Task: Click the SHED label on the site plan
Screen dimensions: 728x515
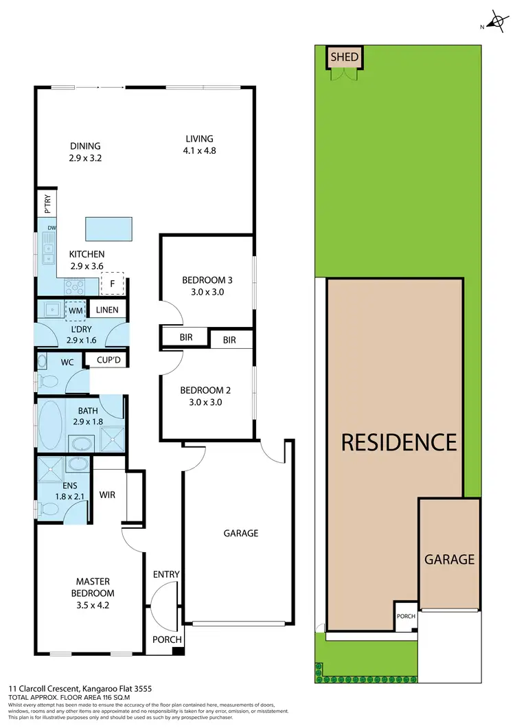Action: (x=344, y=57)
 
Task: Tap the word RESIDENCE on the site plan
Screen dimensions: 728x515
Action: (x=399, y=441)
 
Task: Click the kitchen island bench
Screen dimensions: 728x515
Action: (x=108, y=227)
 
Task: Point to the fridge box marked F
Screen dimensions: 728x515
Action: (x=112, y=283)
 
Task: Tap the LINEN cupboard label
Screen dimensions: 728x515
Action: (x=107, y=310)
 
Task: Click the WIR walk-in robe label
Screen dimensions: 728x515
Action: (x=107, y=494)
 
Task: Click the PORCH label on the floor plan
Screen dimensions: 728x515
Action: (x=168, y=639)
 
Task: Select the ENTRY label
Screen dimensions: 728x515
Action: (x=166, y=574)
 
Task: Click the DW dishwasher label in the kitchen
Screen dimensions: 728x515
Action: (x=51, y=227)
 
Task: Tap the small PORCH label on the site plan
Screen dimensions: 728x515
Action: (x=406, y=616)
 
